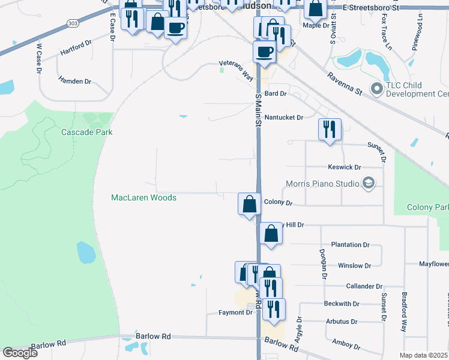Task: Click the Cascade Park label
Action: click(87, 132)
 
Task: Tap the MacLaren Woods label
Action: click(144, 197)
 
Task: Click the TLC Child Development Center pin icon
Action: click(377, 89)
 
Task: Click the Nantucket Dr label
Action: click(284, 118)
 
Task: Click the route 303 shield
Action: click(73, 23)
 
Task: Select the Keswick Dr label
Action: click(345, 167)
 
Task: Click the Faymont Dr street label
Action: click(231, 313)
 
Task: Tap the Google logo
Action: click(20, 353)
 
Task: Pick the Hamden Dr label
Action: click(74, 81)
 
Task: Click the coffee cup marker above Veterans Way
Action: click(264, 52)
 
